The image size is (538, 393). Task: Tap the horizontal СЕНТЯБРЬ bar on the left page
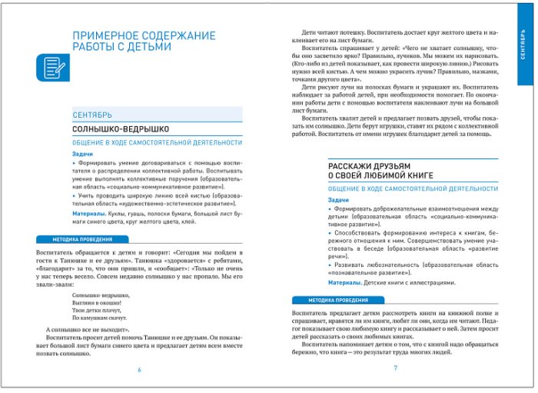click(x=157, y=115)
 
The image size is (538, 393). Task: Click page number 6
click(x=139, y=369)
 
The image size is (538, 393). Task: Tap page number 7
click(x=395, y=368)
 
